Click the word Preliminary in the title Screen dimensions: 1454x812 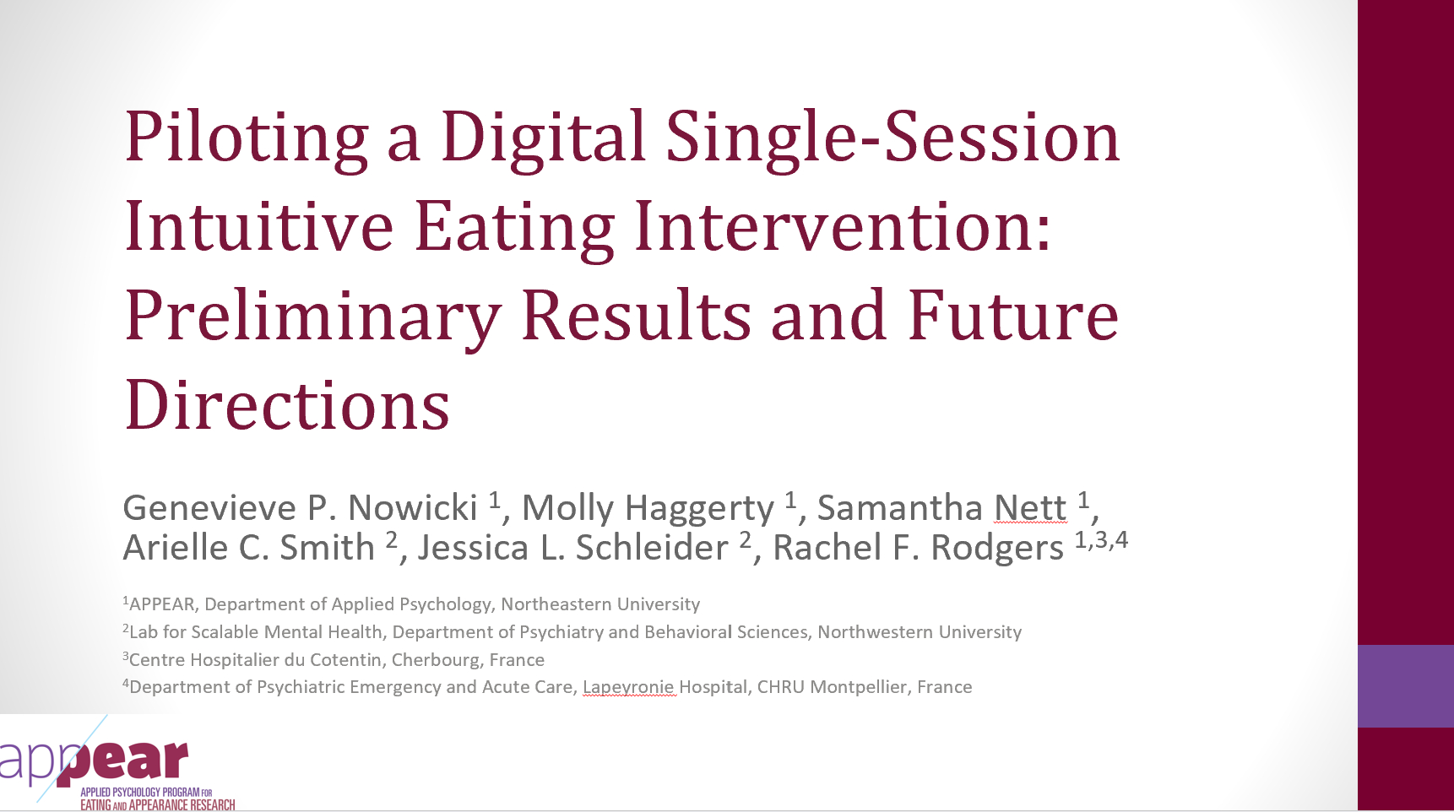click(313, 317)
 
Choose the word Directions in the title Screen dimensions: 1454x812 click(287, 405)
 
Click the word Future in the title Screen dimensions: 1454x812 click(1013, 316)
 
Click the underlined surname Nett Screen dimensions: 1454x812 click(1030, 508)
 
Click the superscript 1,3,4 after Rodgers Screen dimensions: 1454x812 click(1101, 540)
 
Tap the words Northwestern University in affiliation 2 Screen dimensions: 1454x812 click(920, 632)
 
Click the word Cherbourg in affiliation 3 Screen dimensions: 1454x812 click(436, 660)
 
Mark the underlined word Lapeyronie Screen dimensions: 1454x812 click(629, 688)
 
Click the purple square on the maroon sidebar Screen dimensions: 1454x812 click(1406, 686)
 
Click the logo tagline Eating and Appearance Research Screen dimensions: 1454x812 click(158, 805)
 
